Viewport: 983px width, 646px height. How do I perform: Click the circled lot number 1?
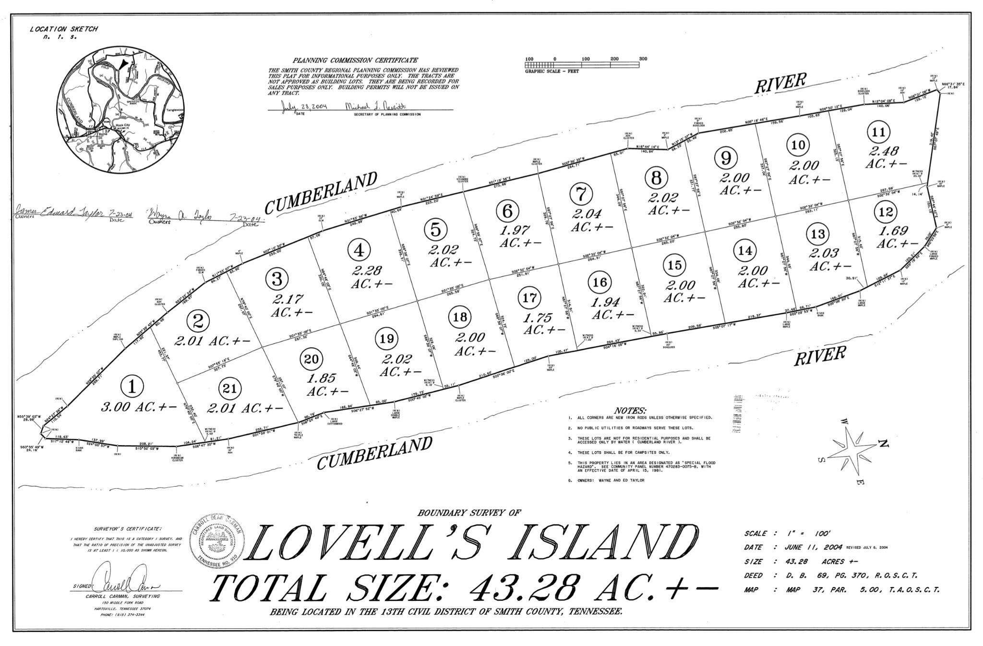[132, 386]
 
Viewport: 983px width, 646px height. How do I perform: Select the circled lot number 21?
[230, 389]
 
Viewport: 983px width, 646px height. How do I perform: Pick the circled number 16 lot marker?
[600, 282]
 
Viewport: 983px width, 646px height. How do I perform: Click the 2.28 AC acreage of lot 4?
[372, 277]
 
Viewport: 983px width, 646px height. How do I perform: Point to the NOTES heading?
[630, 411]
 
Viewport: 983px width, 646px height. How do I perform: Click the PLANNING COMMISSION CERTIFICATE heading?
[355, 60]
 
